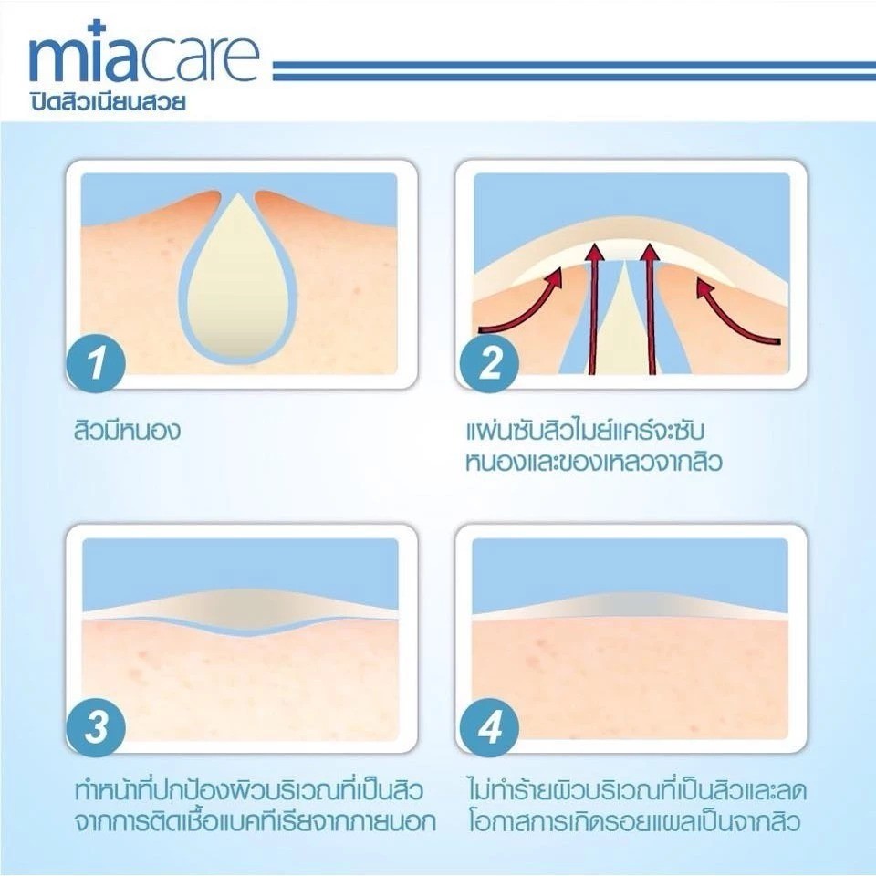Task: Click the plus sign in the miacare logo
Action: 98,28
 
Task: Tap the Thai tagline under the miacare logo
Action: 108,103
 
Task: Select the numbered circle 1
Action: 96,362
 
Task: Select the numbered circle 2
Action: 489,362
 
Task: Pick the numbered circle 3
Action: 96,727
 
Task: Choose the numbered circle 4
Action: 489,727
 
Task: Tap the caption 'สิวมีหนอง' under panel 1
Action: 128,431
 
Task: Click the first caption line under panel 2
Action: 584,431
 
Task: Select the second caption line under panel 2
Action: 594,462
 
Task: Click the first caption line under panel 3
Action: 249,790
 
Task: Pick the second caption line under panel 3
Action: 255,822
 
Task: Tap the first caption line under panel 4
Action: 637,790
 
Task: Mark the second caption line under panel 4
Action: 635,822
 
